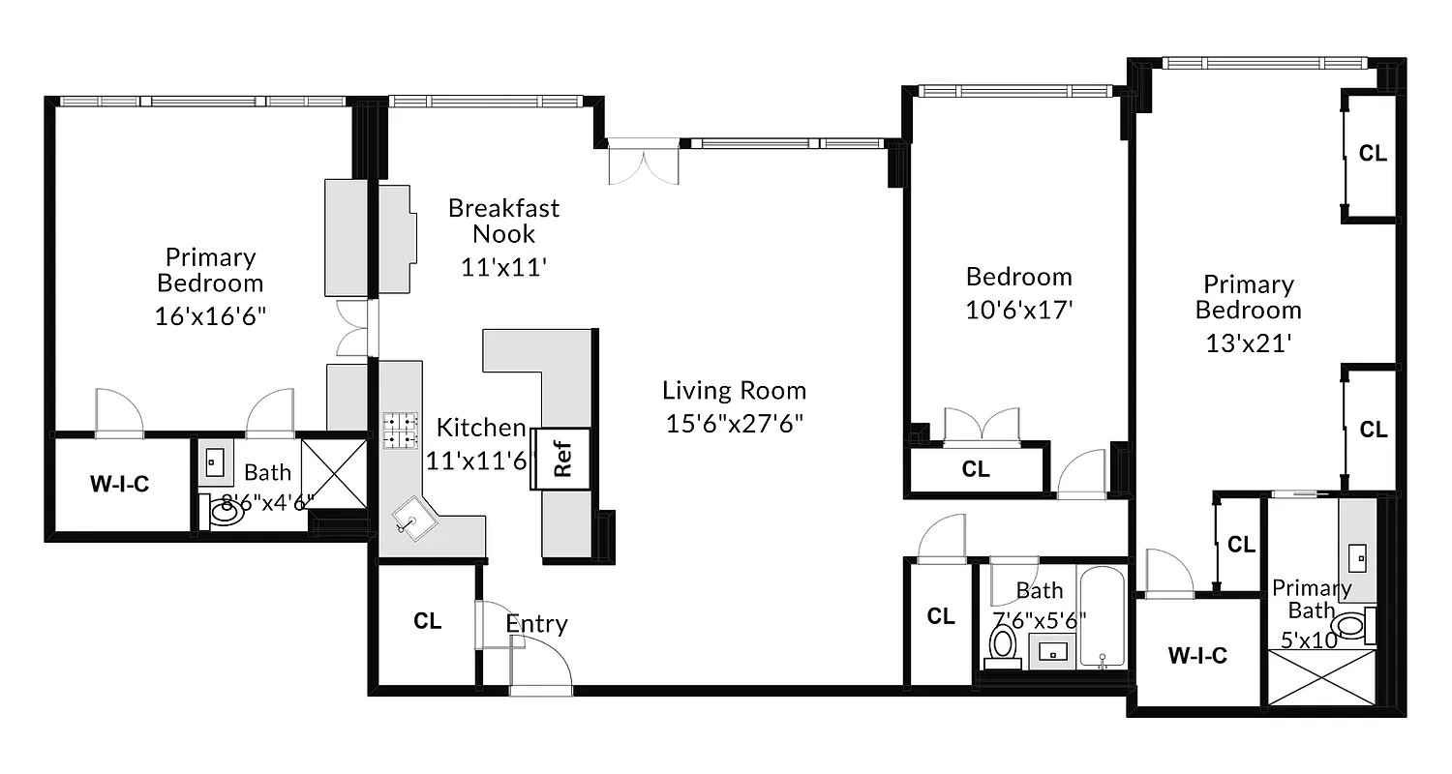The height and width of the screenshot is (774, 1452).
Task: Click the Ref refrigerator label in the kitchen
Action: (562, 459)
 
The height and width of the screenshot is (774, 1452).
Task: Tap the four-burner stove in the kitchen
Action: (400, 431)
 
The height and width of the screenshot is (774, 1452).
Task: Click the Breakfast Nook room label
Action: (503, 221)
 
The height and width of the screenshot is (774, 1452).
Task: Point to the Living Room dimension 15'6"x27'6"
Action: (734, 423)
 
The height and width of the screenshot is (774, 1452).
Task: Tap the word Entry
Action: (536, 624)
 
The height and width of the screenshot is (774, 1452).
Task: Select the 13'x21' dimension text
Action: (1248, 342)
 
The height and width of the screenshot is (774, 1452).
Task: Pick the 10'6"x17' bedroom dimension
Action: (1019, 310)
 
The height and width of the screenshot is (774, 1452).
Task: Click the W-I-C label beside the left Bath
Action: (119, 485)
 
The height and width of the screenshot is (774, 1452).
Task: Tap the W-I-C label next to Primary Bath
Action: (1197, 655)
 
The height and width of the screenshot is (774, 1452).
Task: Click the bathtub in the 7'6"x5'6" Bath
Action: (1103, 619)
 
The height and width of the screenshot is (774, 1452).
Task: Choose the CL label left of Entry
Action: (427, 621)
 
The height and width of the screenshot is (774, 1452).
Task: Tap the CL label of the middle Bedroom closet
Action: (976, 469)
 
